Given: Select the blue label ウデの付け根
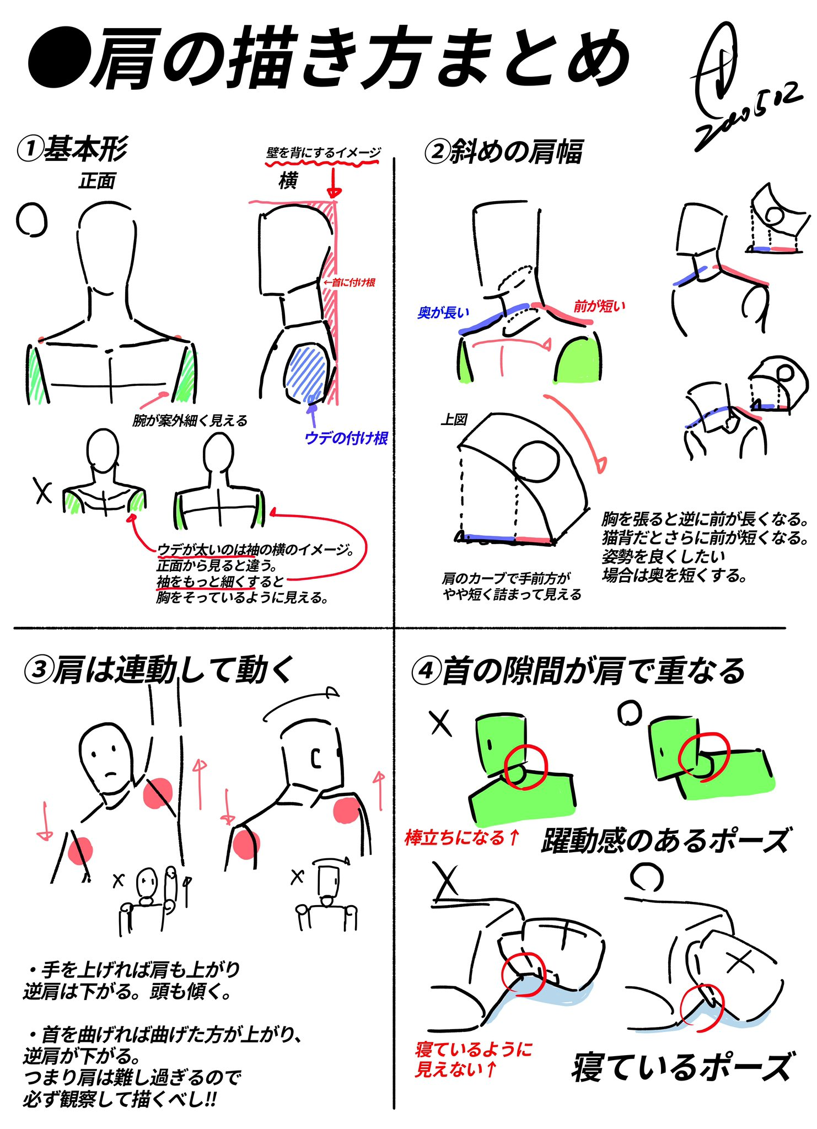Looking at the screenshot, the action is pyautogui.click(x=346, y=438).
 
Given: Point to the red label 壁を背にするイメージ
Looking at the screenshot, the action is pyautogui.click(x=324, y=153).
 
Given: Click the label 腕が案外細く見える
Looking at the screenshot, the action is pyautogui.click(x=190, y=421).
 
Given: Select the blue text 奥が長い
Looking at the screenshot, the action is pyautogui.click(x=443, y=313).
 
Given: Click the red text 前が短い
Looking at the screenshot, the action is pyautogui.click(x=599, y=306).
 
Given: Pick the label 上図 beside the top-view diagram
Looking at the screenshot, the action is pyautogui.click(x=454, y=420).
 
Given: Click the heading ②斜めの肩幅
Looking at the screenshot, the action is pyautogui.click(x=504, y=151).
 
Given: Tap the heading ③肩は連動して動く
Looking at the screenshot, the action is pyautogui.click(x=159, y=670).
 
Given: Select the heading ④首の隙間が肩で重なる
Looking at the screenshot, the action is pyautogui.click(x=579, y=671).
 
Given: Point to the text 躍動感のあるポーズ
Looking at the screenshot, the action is pyautogui.click(x=666, y=840).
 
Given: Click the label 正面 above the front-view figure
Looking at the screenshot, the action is pyautogui.click(x=97, y=181).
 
